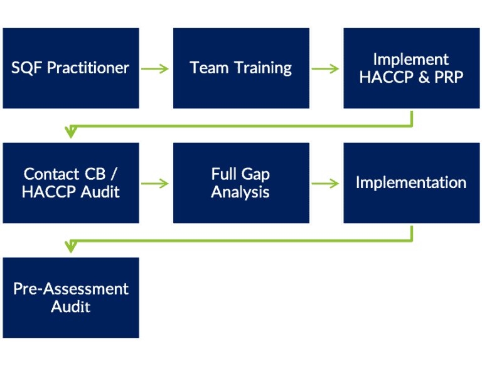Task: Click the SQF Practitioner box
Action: (71, 68)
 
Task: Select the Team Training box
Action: (241, 68)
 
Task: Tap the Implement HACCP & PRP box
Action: (411, 68)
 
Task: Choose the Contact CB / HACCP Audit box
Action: (71, 182)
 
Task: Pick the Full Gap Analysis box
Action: (241, 182)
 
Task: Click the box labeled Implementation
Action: (411, 182)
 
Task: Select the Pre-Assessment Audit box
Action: (71, 297)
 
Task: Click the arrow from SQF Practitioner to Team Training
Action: (156, 68)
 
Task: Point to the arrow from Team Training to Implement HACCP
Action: (326, 68)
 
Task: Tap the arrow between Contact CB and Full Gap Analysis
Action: (156, 183)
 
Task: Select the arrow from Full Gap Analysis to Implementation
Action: (326, 183)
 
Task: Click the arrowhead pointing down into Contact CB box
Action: (71, 132)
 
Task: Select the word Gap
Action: (257, 174)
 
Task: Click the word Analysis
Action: (241, 192)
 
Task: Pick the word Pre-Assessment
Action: (71, 289)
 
